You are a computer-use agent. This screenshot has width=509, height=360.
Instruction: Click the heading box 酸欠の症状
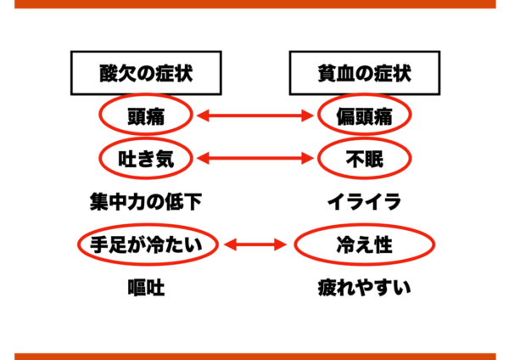point(146,73)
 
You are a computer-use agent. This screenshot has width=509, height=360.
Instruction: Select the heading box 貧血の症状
point(365,73)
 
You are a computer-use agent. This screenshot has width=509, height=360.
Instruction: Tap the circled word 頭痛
point(146,115)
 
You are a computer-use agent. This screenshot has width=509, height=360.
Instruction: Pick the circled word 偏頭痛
point(365,115)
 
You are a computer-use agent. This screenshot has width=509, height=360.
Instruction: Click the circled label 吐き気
point(146,158)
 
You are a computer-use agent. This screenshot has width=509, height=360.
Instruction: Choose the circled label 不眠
point(365,158)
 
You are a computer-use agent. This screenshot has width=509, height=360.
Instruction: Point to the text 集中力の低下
point(146,202)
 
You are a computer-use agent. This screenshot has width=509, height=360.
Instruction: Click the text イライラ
point(365,202)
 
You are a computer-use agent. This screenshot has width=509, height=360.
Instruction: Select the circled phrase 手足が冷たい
point(148,245)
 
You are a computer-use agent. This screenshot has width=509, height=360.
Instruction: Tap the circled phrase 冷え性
point(365,245)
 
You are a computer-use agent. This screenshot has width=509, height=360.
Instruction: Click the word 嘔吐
point(146,288)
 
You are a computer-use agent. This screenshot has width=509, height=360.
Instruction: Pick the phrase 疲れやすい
point(365,288)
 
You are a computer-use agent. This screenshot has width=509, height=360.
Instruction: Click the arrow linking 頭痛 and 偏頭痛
point(255,115)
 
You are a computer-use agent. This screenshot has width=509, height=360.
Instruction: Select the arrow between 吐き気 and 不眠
point(255,159)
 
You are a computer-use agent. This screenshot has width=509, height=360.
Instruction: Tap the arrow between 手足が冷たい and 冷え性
point(255,245)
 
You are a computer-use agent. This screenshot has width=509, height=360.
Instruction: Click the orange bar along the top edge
point(255,4)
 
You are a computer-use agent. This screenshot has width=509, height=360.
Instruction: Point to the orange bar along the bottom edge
point(255,357)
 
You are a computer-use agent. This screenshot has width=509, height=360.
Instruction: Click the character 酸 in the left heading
point(109,73)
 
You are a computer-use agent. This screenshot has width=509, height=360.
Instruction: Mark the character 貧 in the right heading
point(327,73)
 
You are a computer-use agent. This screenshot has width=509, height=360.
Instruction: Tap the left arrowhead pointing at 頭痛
point(203,115)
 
